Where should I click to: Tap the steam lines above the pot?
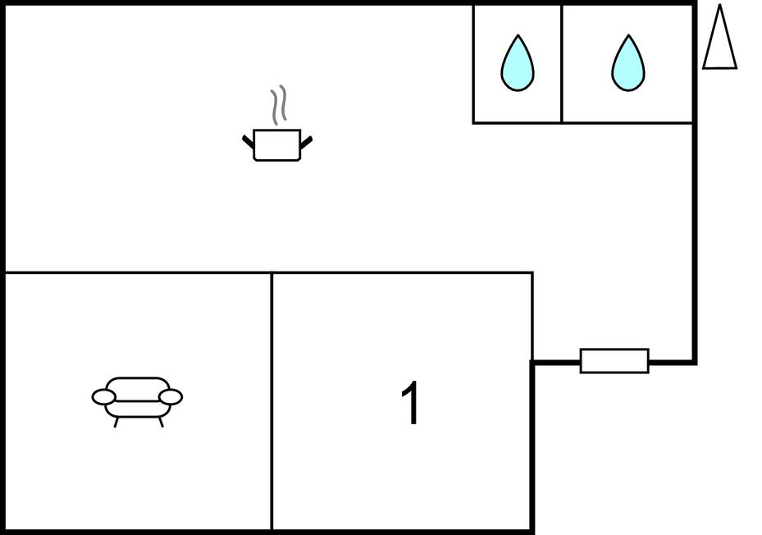pos(280,105)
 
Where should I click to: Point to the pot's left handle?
pos(249,143)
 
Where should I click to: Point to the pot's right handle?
pos(307,143)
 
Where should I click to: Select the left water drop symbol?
pos(517,64)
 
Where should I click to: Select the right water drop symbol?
pos(627,64)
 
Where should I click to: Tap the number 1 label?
pos(411,404)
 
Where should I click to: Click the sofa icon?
pos(137,400)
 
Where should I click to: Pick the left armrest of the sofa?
pos(103,398)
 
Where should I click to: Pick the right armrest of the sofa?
pos(171,398)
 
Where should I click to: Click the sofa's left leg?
pos(116,423)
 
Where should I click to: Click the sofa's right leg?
pos(161,423)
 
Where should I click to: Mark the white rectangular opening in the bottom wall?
pos(614,361)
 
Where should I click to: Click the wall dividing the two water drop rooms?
pos(562,64)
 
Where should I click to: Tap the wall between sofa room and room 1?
pos(271,402)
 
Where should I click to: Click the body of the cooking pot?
pos(277,145)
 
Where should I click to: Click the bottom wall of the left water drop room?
pos(517,123)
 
